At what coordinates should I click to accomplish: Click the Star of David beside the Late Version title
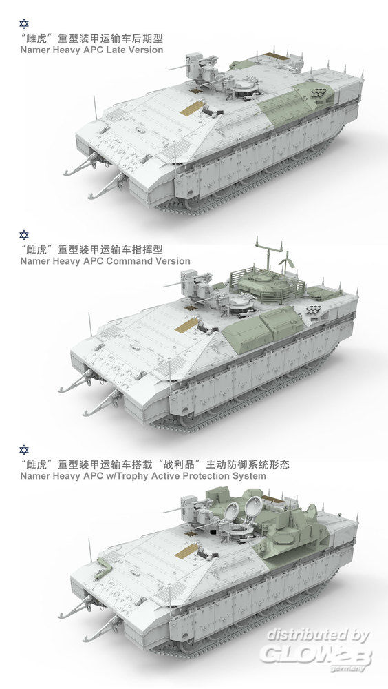click(x=24, y=23)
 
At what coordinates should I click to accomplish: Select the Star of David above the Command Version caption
click(x=24, y=235)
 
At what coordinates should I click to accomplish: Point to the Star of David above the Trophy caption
click(x=24, y=450)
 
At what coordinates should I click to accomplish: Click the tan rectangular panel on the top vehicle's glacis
click(x=192, y=108)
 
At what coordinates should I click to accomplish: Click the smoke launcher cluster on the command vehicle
click(x=313, y=310)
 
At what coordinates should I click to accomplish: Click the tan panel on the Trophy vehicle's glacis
click(x=187, y=551)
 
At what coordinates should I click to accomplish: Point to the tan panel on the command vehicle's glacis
click(x=187, y=325)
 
